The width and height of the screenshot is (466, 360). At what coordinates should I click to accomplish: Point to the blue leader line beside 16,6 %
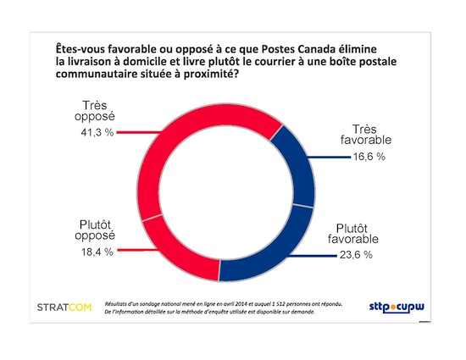coord(327,157)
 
